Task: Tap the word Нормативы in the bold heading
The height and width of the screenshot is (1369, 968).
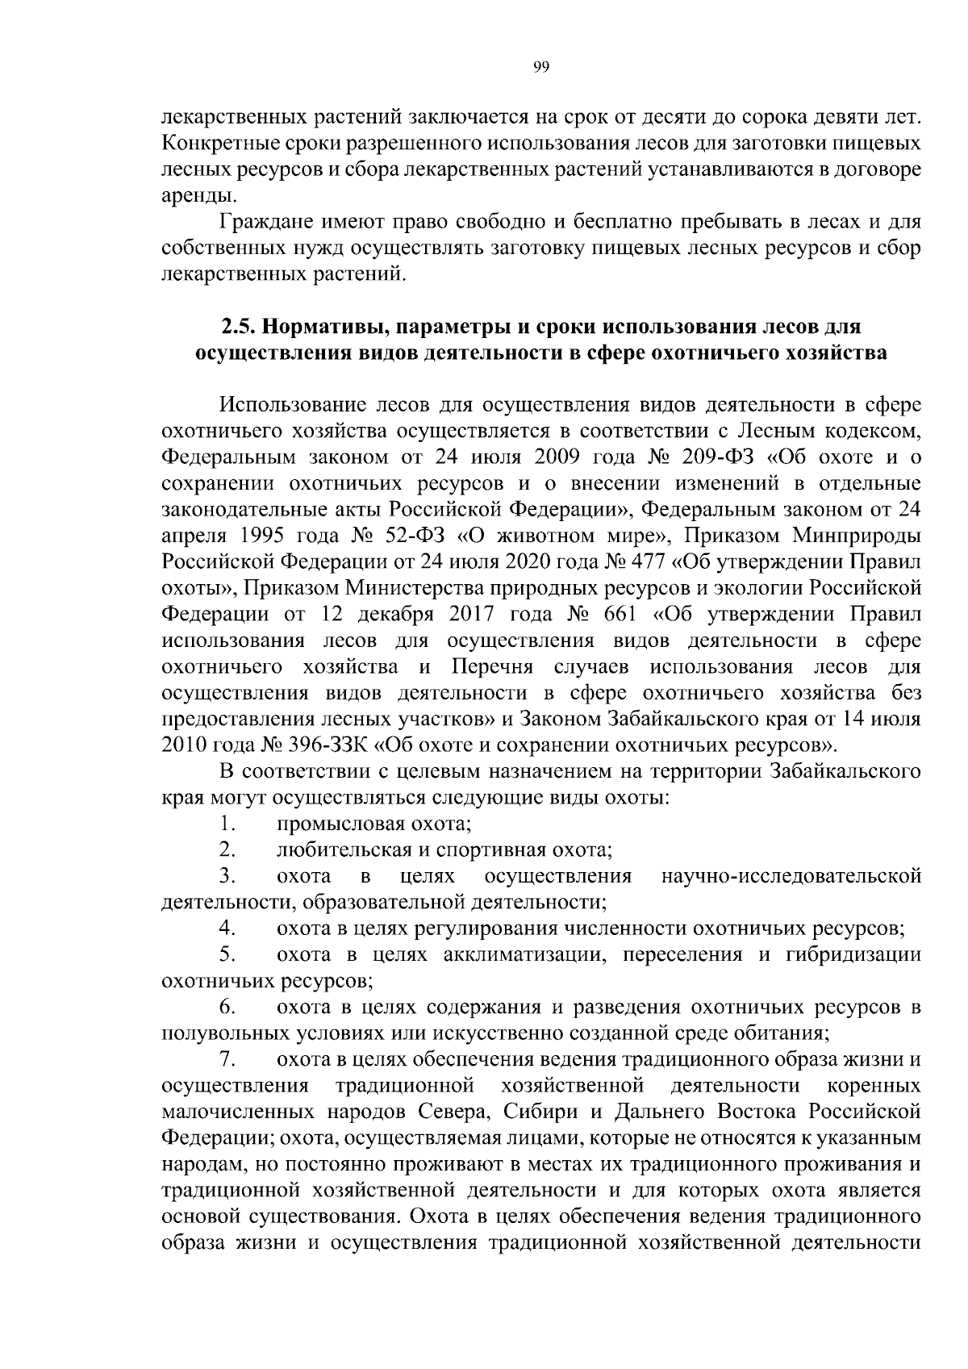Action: pos(317,328)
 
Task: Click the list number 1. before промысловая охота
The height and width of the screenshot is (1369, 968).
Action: pos(227,824)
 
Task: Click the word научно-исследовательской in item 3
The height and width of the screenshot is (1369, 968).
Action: pos(791,876)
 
